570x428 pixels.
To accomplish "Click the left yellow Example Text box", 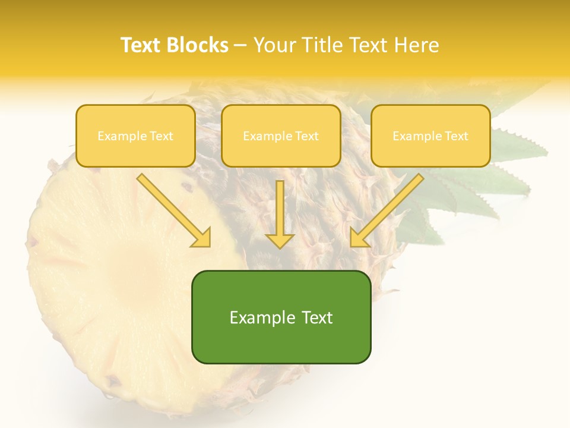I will click(x=135, y=136).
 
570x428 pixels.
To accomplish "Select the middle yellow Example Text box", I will click(x=281, y=136).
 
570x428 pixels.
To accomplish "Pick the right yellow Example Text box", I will click(x=430, y=136).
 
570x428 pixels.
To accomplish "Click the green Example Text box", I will click(x=281, y=317).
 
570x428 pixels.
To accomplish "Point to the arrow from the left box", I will click(x=172, y=209).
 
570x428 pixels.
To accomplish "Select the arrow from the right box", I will click(x=388, y=209).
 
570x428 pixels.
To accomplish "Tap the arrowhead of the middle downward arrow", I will click(x=280, y=240).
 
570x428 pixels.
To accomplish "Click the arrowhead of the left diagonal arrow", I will click(x=202, y=238).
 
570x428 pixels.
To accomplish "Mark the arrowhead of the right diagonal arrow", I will click(x=359, y=238).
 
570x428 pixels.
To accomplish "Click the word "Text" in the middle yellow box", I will click(x=307, y=136).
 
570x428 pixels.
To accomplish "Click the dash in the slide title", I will click(x=240, y=46).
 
